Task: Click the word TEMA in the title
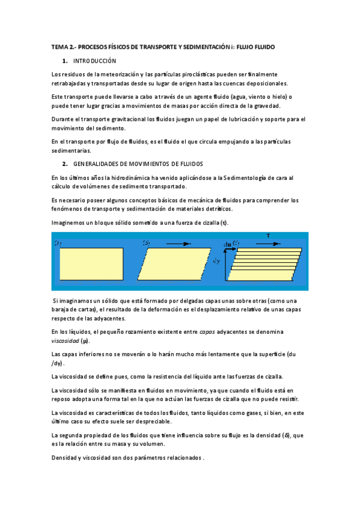59,46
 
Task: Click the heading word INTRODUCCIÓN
94,61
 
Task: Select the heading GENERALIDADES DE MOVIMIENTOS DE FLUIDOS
138,164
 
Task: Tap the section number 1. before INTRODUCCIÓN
65,61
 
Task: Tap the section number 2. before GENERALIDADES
65,164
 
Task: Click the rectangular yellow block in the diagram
91,264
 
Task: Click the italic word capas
207,331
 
